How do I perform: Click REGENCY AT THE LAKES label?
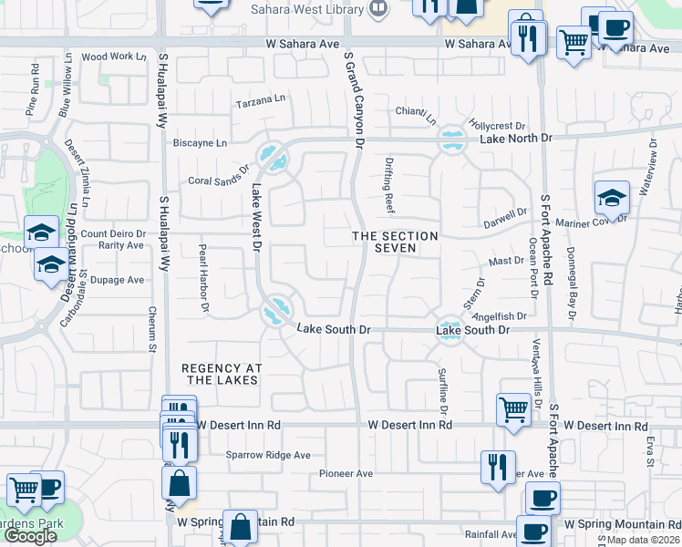pos(222,374)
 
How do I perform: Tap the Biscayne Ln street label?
pos(201,143)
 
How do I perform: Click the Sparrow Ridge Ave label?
pos(268,455)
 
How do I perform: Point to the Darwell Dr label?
pos(506,216)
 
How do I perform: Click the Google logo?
pos(30,536)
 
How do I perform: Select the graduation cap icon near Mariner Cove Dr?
pos(612,197)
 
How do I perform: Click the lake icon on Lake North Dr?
pos(449,140)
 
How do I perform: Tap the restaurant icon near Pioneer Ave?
pos(497,467)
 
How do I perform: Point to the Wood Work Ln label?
pos(114,57)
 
